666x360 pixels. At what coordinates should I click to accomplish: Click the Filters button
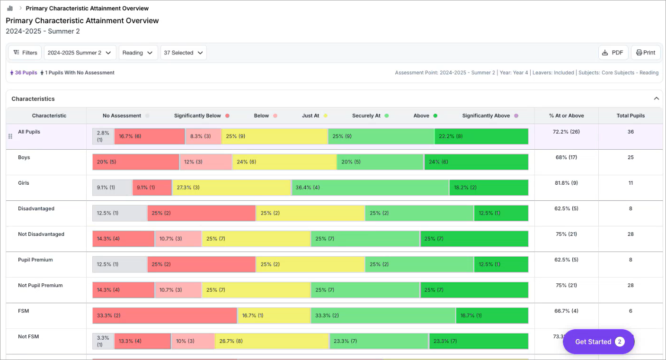point(25,53)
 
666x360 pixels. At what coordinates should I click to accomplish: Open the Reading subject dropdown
point(138,53)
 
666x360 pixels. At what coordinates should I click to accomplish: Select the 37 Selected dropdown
point(183,53)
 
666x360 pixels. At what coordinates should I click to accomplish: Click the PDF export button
point(613,53)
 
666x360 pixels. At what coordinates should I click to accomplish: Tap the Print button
point(646,53)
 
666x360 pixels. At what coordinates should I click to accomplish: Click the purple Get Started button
point(598,342)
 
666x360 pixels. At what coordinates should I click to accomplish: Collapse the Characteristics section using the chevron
point(656,99)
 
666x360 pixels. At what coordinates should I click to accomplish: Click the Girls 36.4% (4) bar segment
point(370,188)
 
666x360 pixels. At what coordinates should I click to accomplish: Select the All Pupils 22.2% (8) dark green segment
point(481,136)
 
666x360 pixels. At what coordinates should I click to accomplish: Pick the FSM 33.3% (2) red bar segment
point(164,315)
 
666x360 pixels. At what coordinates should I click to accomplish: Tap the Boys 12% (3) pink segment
point(206,162)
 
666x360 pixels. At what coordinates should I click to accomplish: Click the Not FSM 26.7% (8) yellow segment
point(272,341)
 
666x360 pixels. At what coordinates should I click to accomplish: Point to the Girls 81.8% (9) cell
point(566,183)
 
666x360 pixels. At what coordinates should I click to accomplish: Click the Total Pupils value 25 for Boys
point(630,157)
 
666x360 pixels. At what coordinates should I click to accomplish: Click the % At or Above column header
point(566,116)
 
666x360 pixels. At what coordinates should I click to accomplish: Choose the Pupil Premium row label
point(36,260)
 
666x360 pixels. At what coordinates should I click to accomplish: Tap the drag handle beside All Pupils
point(10,136)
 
